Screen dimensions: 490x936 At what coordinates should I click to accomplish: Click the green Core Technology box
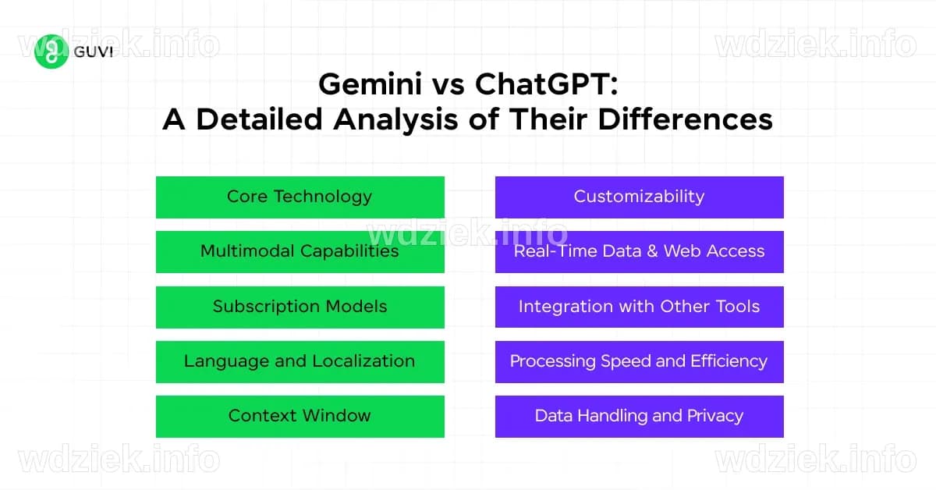300,197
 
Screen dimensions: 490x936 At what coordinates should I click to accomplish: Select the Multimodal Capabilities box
300,251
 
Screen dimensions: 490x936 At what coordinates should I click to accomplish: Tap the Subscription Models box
300,307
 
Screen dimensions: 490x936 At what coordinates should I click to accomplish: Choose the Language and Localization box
300,361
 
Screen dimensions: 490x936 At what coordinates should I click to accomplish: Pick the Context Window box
300,416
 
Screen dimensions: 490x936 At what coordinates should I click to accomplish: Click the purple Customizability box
639,197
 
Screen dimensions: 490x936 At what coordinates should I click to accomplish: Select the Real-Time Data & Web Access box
639,251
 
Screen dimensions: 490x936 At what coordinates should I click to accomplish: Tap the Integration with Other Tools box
639,307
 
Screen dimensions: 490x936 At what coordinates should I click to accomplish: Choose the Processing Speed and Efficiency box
639,361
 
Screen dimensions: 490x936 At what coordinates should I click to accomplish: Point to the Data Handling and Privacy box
639,416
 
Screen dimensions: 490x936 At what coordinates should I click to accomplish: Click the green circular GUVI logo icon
52,51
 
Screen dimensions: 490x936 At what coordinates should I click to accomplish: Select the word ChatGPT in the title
546,84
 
